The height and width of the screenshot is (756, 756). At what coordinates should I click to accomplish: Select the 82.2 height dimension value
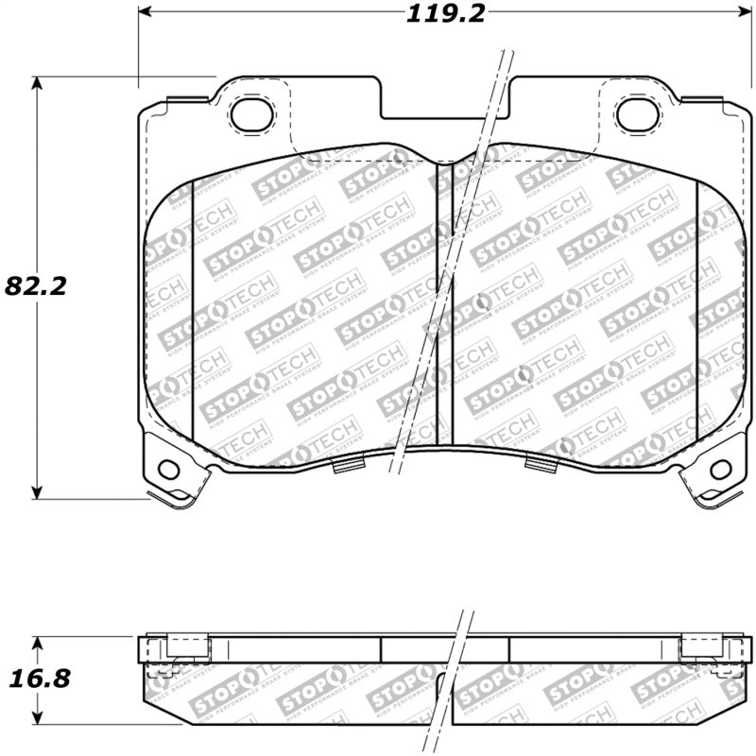click(36, 285)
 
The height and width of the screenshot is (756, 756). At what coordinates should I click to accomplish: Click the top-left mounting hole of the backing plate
click(251, 114)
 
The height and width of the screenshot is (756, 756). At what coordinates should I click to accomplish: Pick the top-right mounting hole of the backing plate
click(635, 114)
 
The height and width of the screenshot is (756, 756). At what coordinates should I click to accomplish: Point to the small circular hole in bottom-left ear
click(169, 469)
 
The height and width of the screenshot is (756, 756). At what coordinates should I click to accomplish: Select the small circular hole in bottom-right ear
click(720, 469)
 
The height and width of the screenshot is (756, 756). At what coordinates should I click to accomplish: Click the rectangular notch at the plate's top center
click(444, 104)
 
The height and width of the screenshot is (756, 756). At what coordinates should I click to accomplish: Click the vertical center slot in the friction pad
click(444, 302)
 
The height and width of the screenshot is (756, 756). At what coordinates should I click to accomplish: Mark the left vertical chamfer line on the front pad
click(193, 302)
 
